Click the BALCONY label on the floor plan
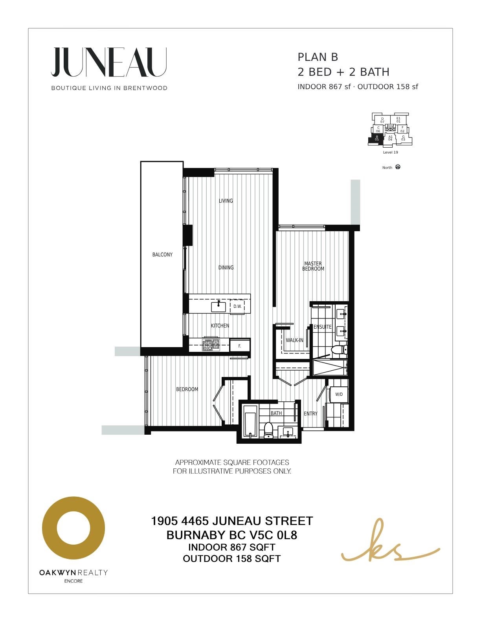[x=162, y=254]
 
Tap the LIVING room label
[x=226, y=201]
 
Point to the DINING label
[x=226, y=267]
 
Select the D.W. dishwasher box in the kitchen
[x=237, y=307]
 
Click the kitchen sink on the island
[x=218, y=307]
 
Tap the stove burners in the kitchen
[x=211, y=345]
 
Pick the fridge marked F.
[x=240, y=346]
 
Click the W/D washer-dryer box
[x=339, y=394]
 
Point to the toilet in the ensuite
[x=338, y=350]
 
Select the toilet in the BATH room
[x=268, y=430]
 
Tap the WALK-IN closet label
[x=294, y=340]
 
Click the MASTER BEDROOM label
[x=313, y=266]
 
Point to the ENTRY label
[x=310, y=413]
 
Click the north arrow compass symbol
[x=398, y=167]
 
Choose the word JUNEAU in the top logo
[x=109, y=62]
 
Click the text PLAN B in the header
[x=318, y=57]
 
